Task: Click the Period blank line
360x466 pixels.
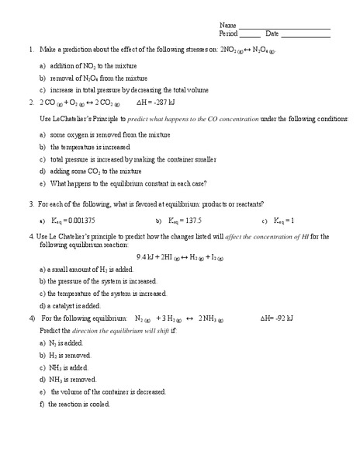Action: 250,35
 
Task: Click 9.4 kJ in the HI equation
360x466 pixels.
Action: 145,256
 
